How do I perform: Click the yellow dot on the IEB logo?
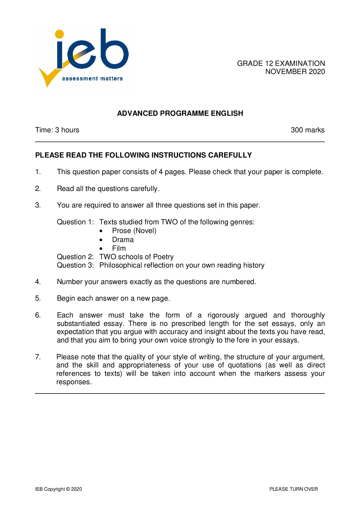pyautogui.click(x=60, y=34)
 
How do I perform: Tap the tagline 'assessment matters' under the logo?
pyautogui.click(x=92, y=79)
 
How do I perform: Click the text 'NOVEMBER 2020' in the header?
pyautogui.click(x=295, y=72)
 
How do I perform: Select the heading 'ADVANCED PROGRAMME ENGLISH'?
pyautogui.click(x=180, y=113)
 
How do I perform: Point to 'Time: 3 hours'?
pyautogui.click(x=57, y=130)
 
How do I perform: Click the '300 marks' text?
pyautogui.click(x=307, y=130)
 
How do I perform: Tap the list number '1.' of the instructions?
pyautogui.click(x=38, y=172)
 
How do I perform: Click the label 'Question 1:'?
pyautogui.click(x=75, y=222)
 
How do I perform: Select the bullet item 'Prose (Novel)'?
pyautogui.click(x=134, y=231)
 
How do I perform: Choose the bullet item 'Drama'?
pyautogui.click(x=123, y=240)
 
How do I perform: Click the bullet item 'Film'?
pyautogui.click(x=119, y=248)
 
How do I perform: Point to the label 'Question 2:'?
pyautogui.click(x=75, y=257)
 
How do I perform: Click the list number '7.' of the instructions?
pyautogui.click(x=38, y=357)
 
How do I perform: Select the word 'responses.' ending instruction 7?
pyautogui.click(x=74, y=382)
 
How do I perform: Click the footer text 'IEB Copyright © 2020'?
pyautogui.click(x=59, y=489)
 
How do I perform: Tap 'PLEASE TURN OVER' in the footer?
pyautogui.click(x=294, y=489)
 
